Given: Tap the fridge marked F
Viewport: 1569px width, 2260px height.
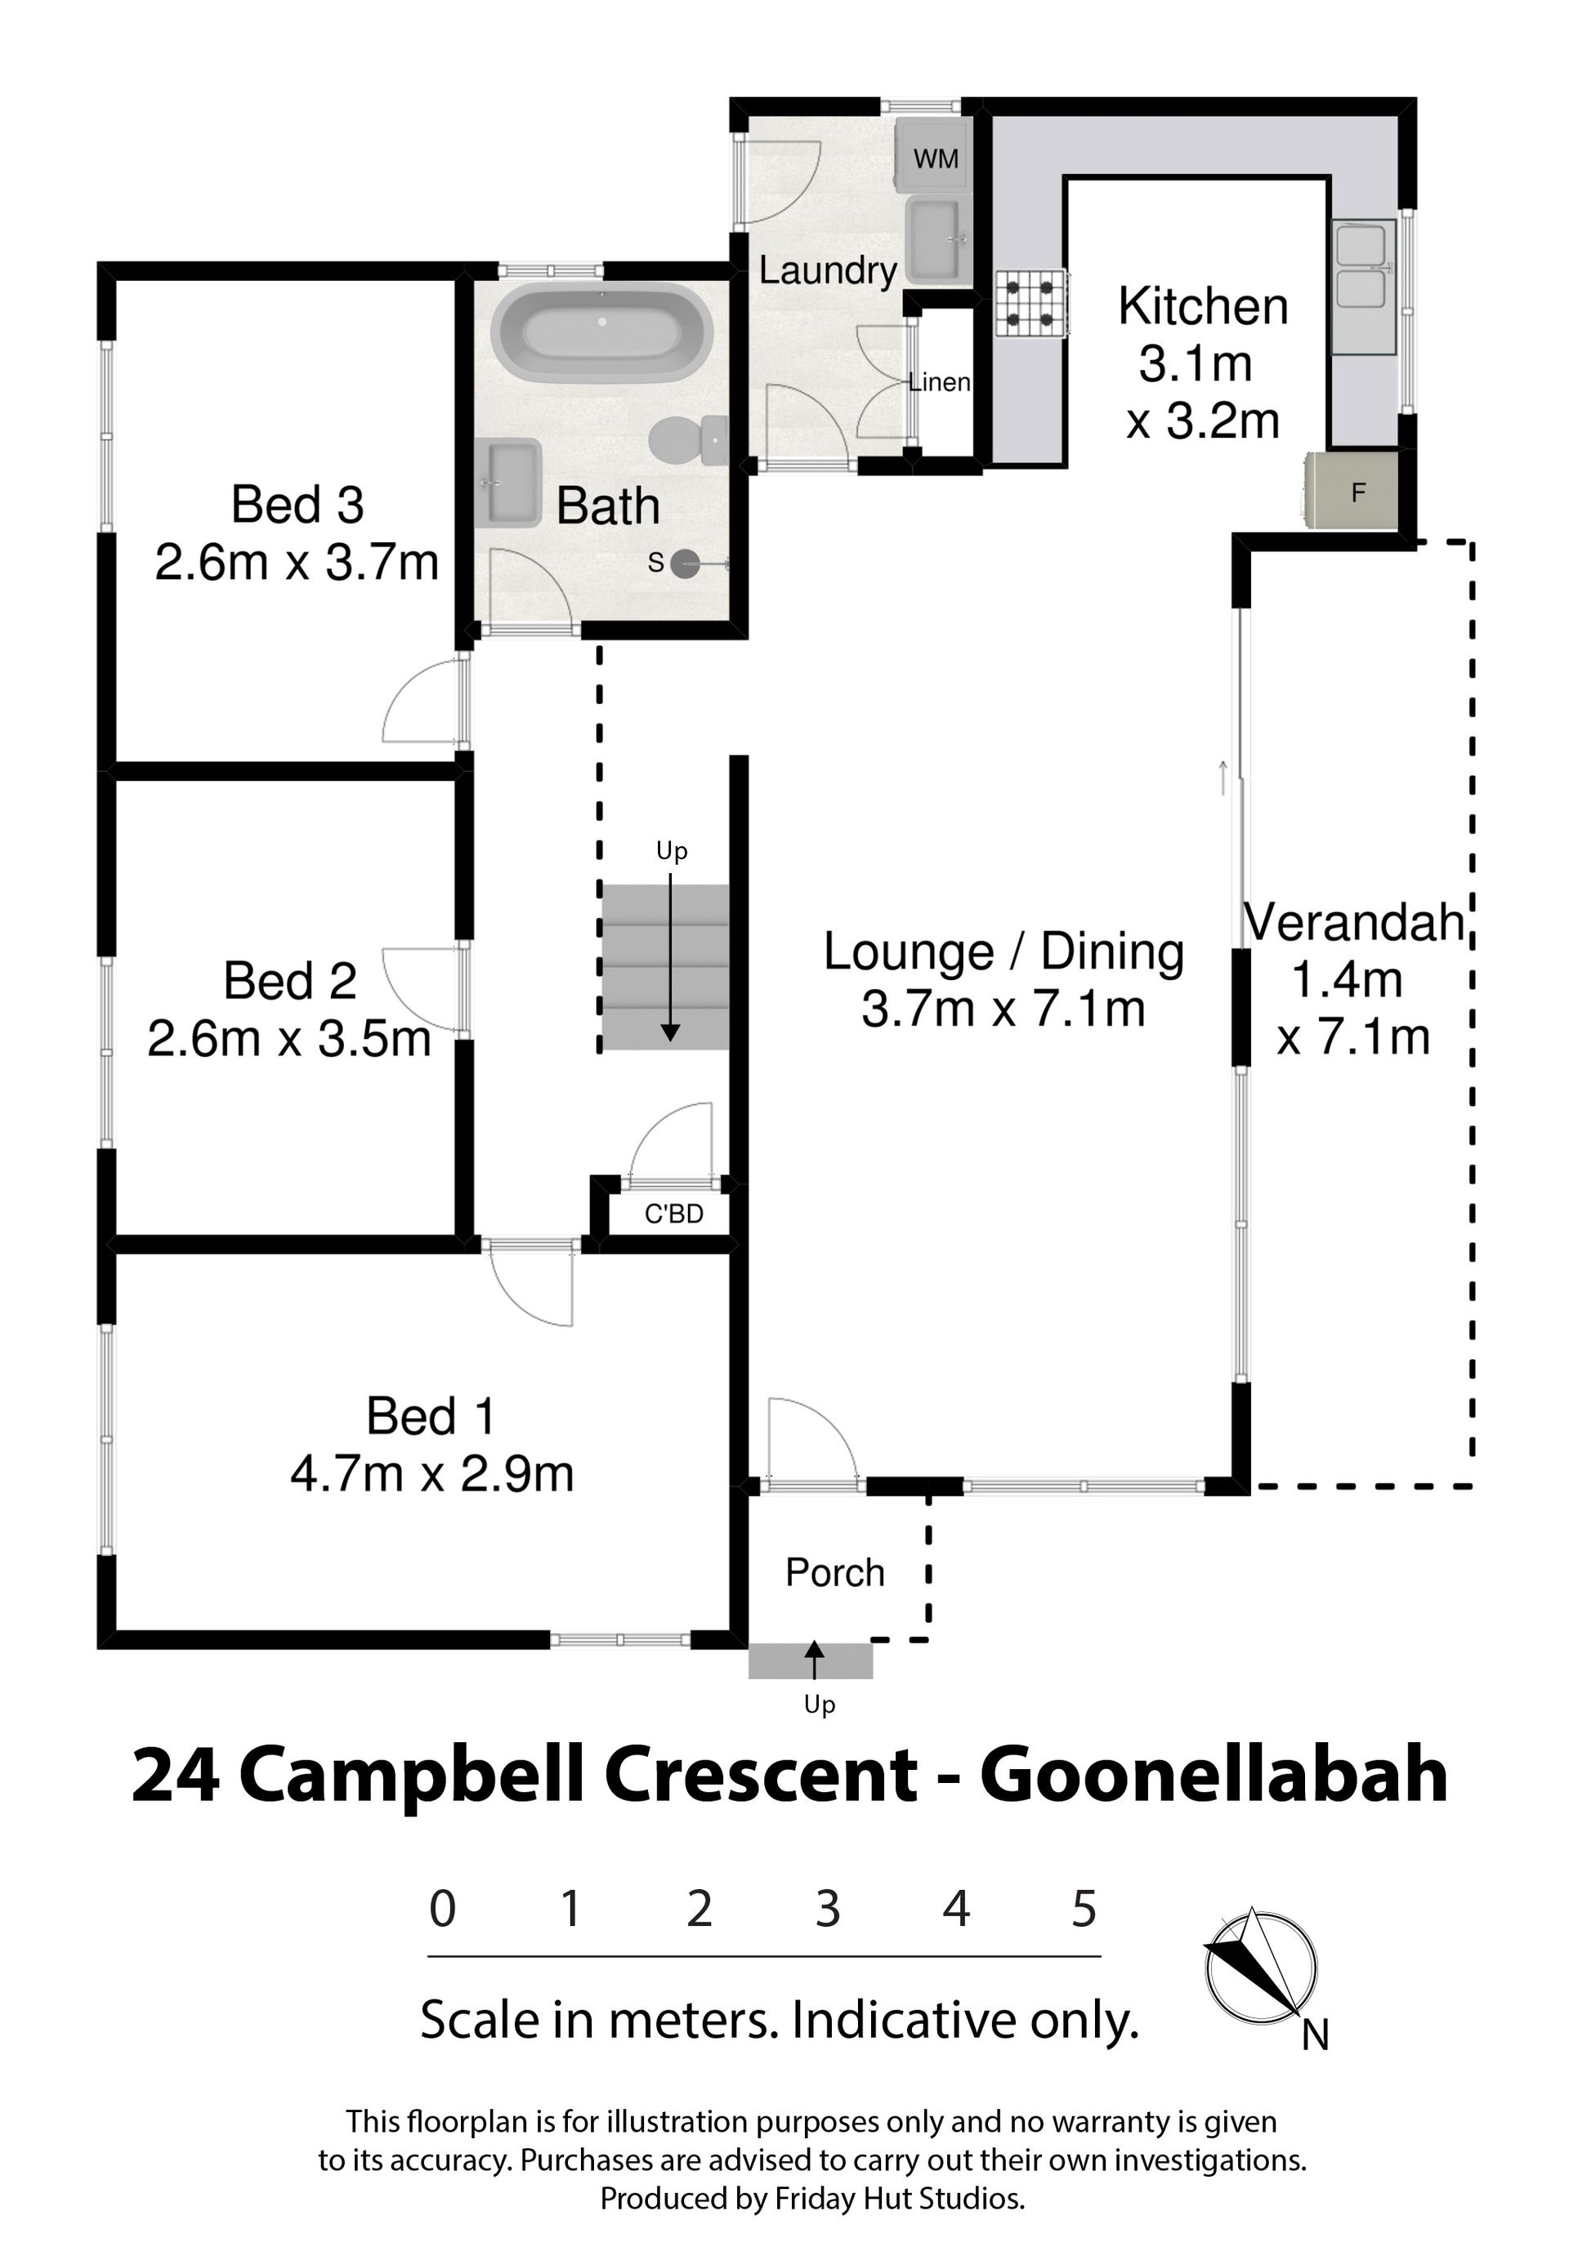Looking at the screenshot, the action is coord(1352,490).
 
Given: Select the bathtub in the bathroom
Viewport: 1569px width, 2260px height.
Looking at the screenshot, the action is coord(601,333).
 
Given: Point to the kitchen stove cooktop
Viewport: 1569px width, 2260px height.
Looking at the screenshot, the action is coord(1031,304).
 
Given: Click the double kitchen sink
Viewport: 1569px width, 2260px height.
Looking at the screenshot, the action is coord(1365,287).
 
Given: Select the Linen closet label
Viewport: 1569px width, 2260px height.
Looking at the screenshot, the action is coord(939,382).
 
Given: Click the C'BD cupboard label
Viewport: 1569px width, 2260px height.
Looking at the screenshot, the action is coord(673,1215).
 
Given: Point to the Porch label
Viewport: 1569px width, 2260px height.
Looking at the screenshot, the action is coord(834,1572).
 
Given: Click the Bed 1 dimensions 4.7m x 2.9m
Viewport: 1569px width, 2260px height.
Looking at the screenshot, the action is coord(431,1474).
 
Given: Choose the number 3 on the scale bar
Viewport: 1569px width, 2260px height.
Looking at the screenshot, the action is coord(828,1908).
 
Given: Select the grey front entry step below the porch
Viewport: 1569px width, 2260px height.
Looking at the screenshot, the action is coord(810,1661).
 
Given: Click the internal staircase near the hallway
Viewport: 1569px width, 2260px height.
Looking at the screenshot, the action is coord(665,967).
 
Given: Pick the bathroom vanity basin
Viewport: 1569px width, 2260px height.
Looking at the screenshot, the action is coord(508,483).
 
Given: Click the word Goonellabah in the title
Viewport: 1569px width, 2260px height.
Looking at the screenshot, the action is coord(1214,1776).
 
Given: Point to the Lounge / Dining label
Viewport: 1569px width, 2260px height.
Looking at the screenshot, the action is coord(1004,952).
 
